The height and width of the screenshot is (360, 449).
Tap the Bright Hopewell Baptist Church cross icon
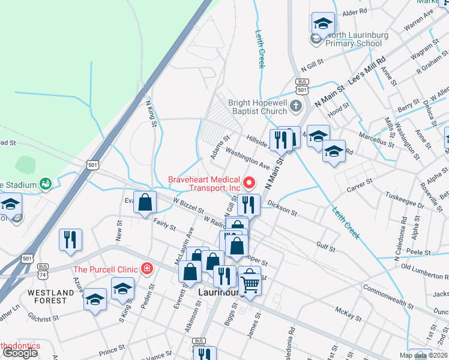[295, 107]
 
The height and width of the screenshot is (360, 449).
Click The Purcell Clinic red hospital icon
[145, 268]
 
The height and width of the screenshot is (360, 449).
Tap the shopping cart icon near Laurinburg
[250, 283]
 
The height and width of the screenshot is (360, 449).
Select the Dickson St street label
[282, 208]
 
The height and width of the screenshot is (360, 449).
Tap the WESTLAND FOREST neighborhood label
[50, 296]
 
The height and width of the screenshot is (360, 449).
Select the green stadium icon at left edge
[45, 184]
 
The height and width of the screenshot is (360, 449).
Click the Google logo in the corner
[20, 353]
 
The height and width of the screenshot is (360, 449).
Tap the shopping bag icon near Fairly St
[145, 203]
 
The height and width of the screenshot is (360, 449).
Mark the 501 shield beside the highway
[92, 164]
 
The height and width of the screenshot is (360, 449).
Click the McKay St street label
[347, 313]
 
